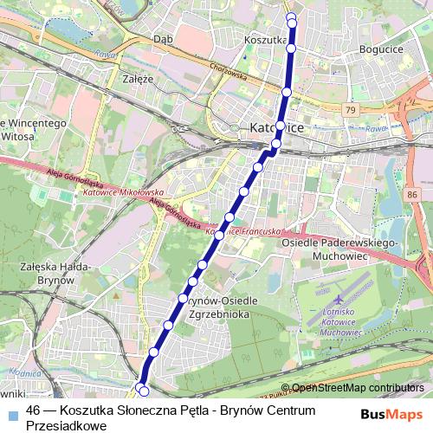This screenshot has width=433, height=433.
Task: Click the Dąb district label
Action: click(163, 39)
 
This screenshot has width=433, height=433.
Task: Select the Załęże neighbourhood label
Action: click(138, 78)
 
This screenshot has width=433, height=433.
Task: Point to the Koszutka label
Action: click(265, 40)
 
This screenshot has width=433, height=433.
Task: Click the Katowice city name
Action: click(276, 128)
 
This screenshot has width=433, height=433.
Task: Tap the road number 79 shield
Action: click(350, 110)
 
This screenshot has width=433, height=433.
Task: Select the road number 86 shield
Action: click(411, 196)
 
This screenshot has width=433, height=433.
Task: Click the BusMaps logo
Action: click(391, 414)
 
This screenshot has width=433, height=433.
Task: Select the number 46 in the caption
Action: click(35, 410)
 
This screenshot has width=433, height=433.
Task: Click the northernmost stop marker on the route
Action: click(291, 15)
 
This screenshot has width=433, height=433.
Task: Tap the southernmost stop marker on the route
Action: click(144, 391)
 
